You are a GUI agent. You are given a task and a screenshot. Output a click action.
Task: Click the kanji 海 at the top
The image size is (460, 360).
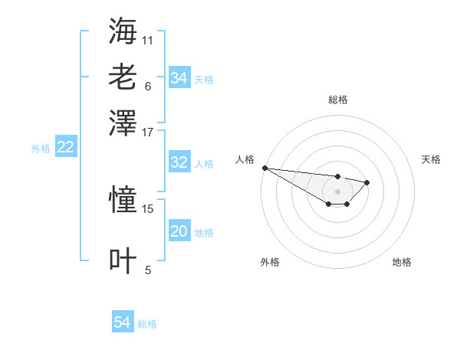click(123, 31)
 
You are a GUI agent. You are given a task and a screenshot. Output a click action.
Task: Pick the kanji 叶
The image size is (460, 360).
click(123, 260)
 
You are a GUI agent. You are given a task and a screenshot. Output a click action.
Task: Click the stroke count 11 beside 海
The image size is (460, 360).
click(148, 39)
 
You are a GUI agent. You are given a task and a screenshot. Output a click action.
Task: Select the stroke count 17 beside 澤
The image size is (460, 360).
click(148, 131)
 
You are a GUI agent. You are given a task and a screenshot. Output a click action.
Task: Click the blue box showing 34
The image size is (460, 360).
click(179, 78)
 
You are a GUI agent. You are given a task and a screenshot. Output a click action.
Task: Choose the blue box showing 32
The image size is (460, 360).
click(179, 162)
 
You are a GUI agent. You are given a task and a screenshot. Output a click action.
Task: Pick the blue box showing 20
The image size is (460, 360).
click(179, 232)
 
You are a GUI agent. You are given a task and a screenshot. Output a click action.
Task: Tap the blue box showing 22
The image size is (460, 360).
click(65, 148)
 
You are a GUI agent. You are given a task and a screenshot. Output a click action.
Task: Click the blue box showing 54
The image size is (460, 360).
click(123, 323)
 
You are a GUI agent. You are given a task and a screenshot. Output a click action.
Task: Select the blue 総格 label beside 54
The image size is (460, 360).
click(147, 324)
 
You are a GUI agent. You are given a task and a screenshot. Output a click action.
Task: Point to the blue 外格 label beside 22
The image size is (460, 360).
click(41, 149)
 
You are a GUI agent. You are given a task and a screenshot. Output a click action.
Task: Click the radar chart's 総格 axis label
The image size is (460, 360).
click(337, 100)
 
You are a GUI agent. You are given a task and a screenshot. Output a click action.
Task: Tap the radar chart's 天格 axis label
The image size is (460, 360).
click(431, 159)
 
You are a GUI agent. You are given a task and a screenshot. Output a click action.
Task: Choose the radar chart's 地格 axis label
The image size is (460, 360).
click(402, 262)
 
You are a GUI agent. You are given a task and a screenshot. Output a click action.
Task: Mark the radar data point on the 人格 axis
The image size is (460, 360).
click(264, 168)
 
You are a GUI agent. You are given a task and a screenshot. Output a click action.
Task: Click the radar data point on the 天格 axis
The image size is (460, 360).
click(367, 182)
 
